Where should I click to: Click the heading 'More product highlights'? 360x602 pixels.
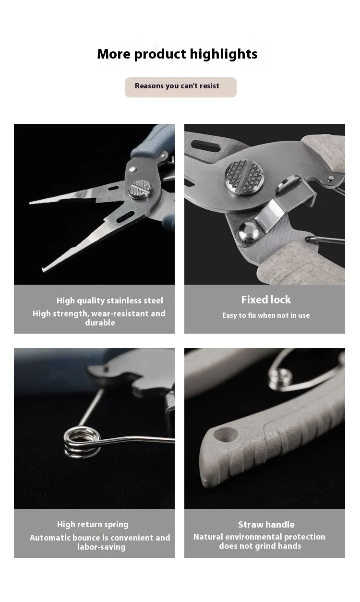click(177, 54)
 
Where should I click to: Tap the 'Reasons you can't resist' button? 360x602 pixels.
click(180, 87)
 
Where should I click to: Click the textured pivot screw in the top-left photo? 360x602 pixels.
click(140, 189)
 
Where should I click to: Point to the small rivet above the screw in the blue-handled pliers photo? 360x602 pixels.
click(132, 169)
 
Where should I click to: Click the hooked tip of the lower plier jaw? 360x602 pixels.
click(43, 269)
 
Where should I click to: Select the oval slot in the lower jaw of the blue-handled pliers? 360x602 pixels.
click(125, 217)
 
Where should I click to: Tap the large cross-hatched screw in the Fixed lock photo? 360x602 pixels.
click(244, 177)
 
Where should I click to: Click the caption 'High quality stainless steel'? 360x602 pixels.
click(109, 301)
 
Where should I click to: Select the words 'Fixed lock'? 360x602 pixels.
click(266, 300)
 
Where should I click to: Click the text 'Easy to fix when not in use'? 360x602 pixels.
click(266, 315)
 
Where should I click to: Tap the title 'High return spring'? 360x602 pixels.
click(93, 524)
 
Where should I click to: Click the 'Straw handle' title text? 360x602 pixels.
click(266, 524)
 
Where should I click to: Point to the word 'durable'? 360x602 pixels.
click(100, 323)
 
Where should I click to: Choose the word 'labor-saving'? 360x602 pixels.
click(101, 547)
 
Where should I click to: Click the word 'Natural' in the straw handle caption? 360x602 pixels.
click(208, 537)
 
